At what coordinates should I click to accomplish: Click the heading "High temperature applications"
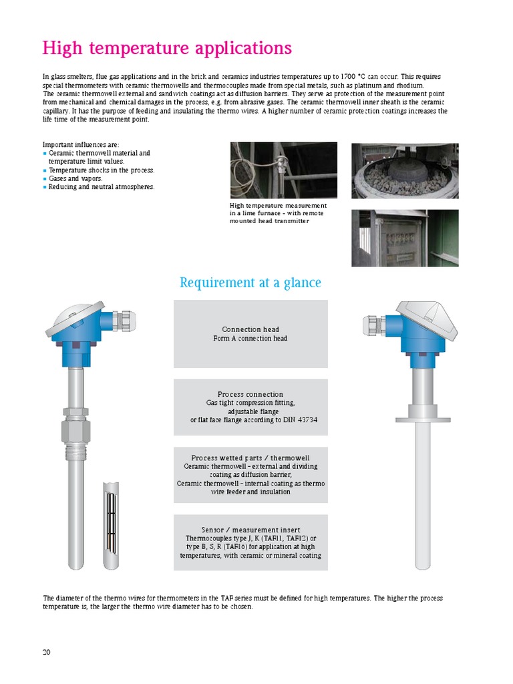[167, 49]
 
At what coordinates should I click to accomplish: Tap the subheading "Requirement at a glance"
[250, 283]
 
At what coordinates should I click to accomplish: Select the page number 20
[47, 652]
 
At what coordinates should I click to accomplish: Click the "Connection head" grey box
[250, 333]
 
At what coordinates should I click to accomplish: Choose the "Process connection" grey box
[250, 407]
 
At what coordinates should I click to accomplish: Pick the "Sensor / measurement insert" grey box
[250, 542]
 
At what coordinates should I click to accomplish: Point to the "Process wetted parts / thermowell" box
[250, 474]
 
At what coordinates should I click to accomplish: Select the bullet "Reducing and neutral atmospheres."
[102, 187]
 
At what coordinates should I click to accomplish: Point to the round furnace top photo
[405, 170]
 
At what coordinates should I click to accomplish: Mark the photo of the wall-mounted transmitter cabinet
[405, 238]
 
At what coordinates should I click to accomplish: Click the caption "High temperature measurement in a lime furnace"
[278, 213]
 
